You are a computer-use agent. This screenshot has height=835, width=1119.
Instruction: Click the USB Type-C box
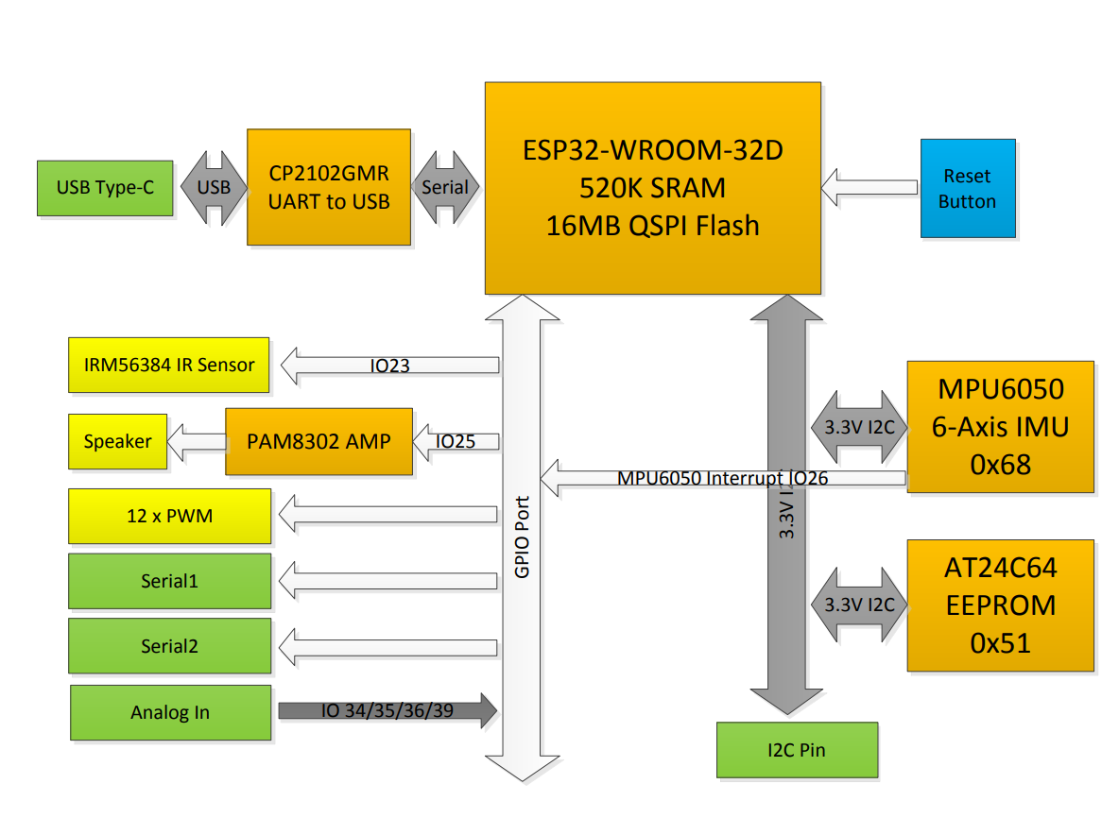pyautogui.click(x=105, y=188)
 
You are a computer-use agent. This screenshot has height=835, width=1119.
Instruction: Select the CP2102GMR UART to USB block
pyautogui.click(x=329, y=187)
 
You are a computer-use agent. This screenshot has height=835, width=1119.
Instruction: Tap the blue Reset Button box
pyautogui.click(x=968, y=188)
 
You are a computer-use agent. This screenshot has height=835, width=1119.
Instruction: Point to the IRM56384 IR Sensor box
pyautogui.click(x=169, y=365)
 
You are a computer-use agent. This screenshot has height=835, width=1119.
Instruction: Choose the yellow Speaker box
pyautogui.click(x=117, y=441)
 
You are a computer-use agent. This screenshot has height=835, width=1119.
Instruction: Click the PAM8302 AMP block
pyautogui.click(x=318, y=441)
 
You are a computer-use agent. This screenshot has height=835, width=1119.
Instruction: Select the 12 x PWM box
pyautogui.click(x=169, y=516)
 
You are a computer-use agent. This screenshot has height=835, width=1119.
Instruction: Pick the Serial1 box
pyautogui.click(x=169, y=581)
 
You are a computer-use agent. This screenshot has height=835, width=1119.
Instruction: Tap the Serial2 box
pyautogui.click(x=169, y=647)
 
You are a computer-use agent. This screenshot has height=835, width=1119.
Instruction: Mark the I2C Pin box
pyautogui.click(x=797, y=751)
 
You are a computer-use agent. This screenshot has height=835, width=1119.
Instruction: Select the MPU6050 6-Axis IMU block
pyautogui.click(x=1000, y=427)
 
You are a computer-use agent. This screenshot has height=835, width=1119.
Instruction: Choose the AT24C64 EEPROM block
pyautogui.click(x=1000, y=605)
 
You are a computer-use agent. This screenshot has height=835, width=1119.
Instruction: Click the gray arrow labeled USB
pyautogui.click(x=214, y=188)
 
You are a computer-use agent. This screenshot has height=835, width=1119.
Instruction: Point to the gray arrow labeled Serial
pyautogui.click(x=445, y=188)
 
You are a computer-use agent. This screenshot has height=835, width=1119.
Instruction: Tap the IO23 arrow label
pyautogui.click(x=389, y=366)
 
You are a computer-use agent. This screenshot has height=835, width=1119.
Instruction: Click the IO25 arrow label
pyautogui.click(x=456, y=441)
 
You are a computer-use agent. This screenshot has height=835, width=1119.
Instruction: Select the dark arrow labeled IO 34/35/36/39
pyautogui.click(x=387, y=711)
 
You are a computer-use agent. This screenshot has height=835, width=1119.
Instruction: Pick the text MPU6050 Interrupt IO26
pyautogui.click(x=723, y=478)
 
